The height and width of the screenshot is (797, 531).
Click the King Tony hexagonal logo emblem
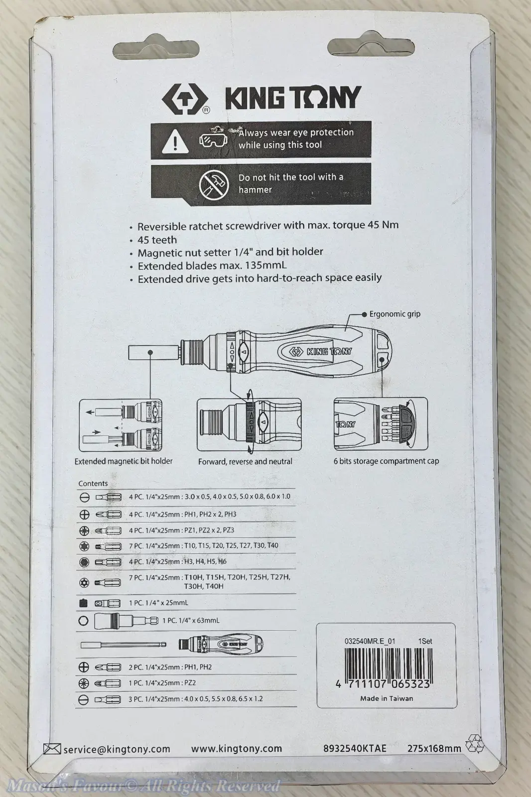pos(185,99)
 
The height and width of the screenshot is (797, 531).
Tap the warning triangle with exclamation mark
pos(175,141)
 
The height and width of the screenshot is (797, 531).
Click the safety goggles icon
pos(213,140)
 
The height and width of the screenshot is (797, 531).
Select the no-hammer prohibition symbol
pos(214,184)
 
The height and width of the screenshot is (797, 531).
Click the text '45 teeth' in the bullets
pos(157,240)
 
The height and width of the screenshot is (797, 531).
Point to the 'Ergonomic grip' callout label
pos(395,314)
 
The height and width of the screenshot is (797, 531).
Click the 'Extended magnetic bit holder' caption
pos(124,461)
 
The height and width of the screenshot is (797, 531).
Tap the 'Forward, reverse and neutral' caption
pos(245,461)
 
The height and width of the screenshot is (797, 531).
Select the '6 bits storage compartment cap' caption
pos(386,461)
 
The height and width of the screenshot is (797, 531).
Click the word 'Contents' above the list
pos(93,483)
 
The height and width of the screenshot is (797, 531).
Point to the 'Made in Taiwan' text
pos(387,698)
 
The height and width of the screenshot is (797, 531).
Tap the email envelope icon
pos(52,749)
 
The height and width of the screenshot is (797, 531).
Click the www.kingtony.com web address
pos(237,749)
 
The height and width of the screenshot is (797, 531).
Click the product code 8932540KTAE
pos(355,748)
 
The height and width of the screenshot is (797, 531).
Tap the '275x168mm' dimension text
pos(434,748)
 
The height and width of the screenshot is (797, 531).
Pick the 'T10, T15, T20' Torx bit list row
pos(204,545)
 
